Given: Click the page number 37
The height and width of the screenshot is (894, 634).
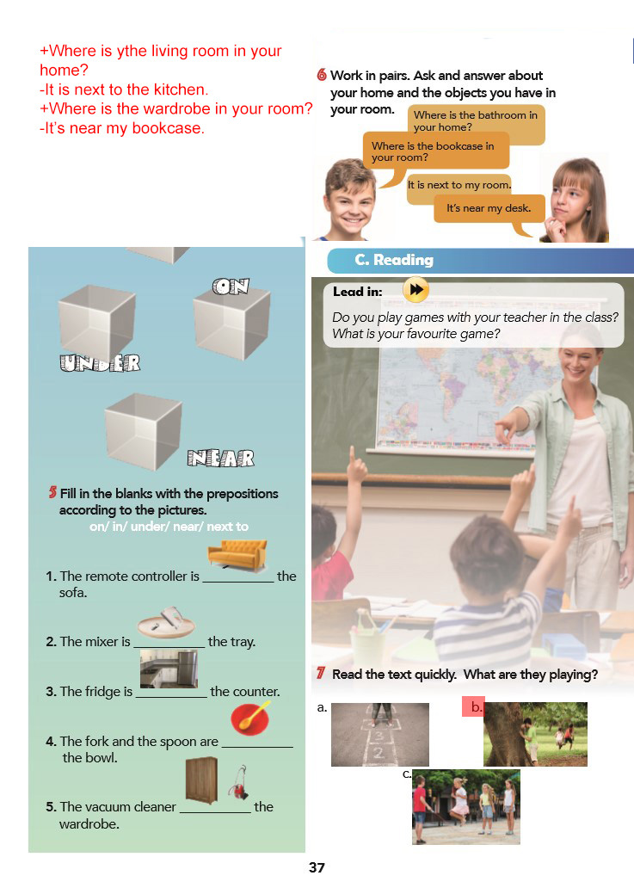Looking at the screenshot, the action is tap(317, 868).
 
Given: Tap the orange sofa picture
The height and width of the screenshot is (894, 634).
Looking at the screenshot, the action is tap(237, 556).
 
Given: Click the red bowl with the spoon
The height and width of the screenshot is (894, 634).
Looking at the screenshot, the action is tap(250, 719).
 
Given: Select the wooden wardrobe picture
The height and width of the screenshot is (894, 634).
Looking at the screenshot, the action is tap(202, 780).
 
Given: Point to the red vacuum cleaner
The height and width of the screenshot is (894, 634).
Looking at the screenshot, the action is tap(238, 783).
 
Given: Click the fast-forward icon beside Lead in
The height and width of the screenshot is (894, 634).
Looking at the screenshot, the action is tap(416, 290).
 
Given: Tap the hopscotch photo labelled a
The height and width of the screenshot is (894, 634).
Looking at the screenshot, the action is tap(379, 734).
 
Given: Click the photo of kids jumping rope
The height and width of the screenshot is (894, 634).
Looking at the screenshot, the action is tap(465, 807).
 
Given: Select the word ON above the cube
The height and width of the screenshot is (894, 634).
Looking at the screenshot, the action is tap(231, 287).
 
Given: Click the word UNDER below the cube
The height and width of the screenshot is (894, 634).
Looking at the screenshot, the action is tap(100, 363).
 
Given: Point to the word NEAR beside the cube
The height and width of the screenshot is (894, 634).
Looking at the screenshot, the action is tap(220, 458).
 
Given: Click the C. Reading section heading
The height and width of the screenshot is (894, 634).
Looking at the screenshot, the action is tap(394, 260).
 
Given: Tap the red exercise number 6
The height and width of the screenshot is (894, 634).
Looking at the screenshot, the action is tap(322, 75).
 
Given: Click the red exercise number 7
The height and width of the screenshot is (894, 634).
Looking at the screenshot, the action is tap(320, 674).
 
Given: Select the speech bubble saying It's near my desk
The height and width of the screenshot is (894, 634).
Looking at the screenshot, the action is tap(489, 209).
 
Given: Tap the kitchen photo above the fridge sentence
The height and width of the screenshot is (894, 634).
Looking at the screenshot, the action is tap(169, 669).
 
